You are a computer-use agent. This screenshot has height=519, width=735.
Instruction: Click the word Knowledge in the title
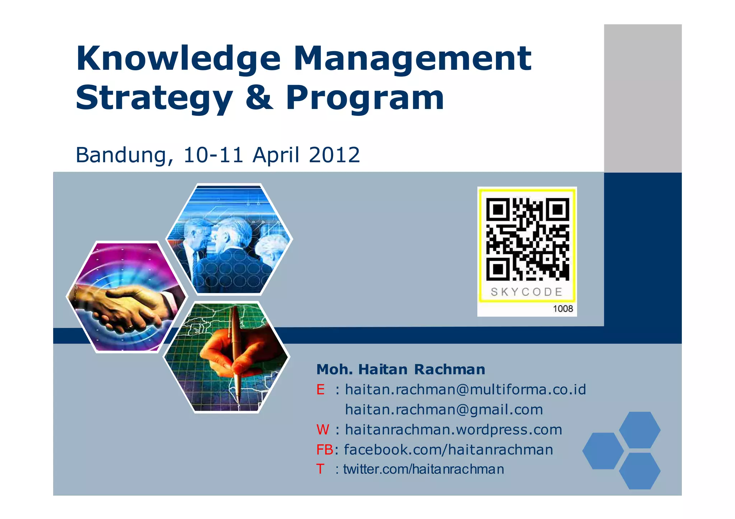(178, 59)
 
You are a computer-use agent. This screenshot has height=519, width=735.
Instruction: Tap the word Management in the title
(412, 59)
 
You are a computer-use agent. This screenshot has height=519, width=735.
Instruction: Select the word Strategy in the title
(154, 99)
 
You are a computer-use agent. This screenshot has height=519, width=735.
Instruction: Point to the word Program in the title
(365, 99)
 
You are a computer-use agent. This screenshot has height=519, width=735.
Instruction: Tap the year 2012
(334, 155)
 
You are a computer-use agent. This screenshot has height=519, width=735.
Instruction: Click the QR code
(528, 239)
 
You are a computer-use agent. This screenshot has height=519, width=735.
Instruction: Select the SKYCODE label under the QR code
(526, 292)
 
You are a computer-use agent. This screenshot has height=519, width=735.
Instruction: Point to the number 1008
(563, 309)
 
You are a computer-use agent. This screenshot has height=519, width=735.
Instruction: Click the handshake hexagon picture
(126, 297)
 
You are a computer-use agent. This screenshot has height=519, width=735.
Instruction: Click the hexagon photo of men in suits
(229, 239)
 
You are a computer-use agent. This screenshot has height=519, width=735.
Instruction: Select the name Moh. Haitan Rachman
(401, 369)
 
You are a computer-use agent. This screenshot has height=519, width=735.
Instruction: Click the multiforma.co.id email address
(465, 390)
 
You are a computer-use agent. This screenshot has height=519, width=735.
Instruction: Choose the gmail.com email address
(444, 410)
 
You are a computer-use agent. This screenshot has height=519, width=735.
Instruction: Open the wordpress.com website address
(453, 430)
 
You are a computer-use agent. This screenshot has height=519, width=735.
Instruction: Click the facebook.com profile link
(448, 450)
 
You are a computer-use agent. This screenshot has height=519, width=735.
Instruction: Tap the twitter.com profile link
(423, 469)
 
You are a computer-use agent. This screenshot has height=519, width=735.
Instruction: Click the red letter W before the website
(323, 430)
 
